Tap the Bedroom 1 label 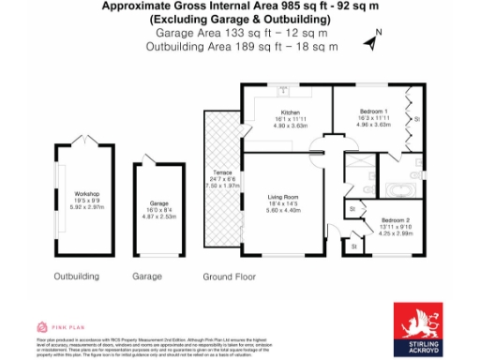tap(374, 111)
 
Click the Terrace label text tap(222, 173)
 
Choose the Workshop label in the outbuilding tap(86, 194)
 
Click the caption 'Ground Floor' tap(230, 277)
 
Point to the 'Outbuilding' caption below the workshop tap(77, 277)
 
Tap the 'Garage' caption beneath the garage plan tap(147, 277)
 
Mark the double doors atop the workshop tap(86, 142)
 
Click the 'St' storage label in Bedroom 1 tap(417, 119)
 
